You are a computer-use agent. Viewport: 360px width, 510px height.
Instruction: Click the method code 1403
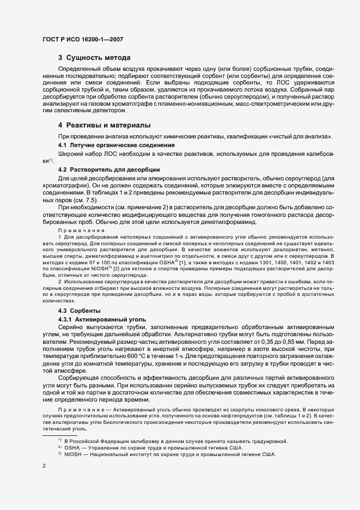pos(328,263)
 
